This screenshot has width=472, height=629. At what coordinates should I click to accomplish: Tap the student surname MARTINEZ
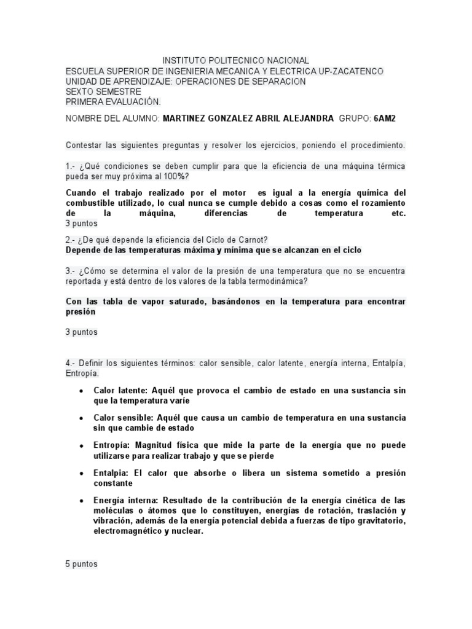click(187, 119)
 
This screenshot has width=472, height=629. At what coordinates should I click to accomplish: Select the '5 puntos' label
click(81, 563)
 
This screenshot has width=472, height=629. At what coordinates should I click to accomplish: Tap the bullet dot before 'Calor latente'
click(82, 391)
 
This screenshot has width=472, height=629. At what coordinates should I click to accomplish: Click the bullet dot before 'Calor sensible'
click(82, 418)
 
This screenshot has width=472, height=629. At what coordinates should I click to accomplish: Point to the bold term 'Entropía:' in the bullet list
click(113, 444)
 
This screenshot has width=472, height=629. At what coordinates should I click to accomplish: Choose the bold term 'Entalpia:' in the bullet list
click(113, 473)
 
